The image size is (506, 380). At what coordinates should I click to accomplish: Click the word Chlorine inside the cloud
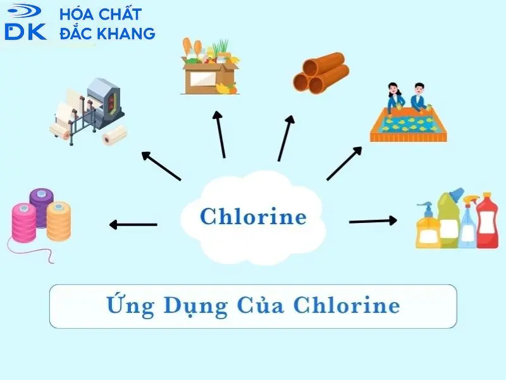[x=253, y=217]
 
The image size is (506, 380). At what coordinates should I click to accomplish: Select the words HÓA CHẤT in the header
[x=100, y=14]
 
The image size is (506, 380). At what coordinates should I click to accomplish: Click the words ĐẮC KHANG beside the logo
[x=106, y=34]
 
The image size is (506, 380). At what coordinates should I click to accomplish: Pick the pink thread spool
[x=24, y=223]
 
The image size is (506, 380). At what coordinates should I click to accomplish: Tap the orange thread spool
[x=59, y=220]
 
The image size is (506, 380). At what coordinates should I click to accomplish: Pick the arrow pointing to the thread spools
[x=133, y=224]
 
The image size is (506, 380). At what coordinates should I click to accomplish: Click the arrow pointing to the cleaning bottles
[x=373, y=221]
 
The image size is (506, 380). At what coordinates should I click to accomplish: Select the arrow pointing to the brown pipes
[x=285, y=138]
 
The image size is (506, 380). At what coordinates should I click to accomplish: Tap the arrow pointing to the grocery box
[x=220, y=134]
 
